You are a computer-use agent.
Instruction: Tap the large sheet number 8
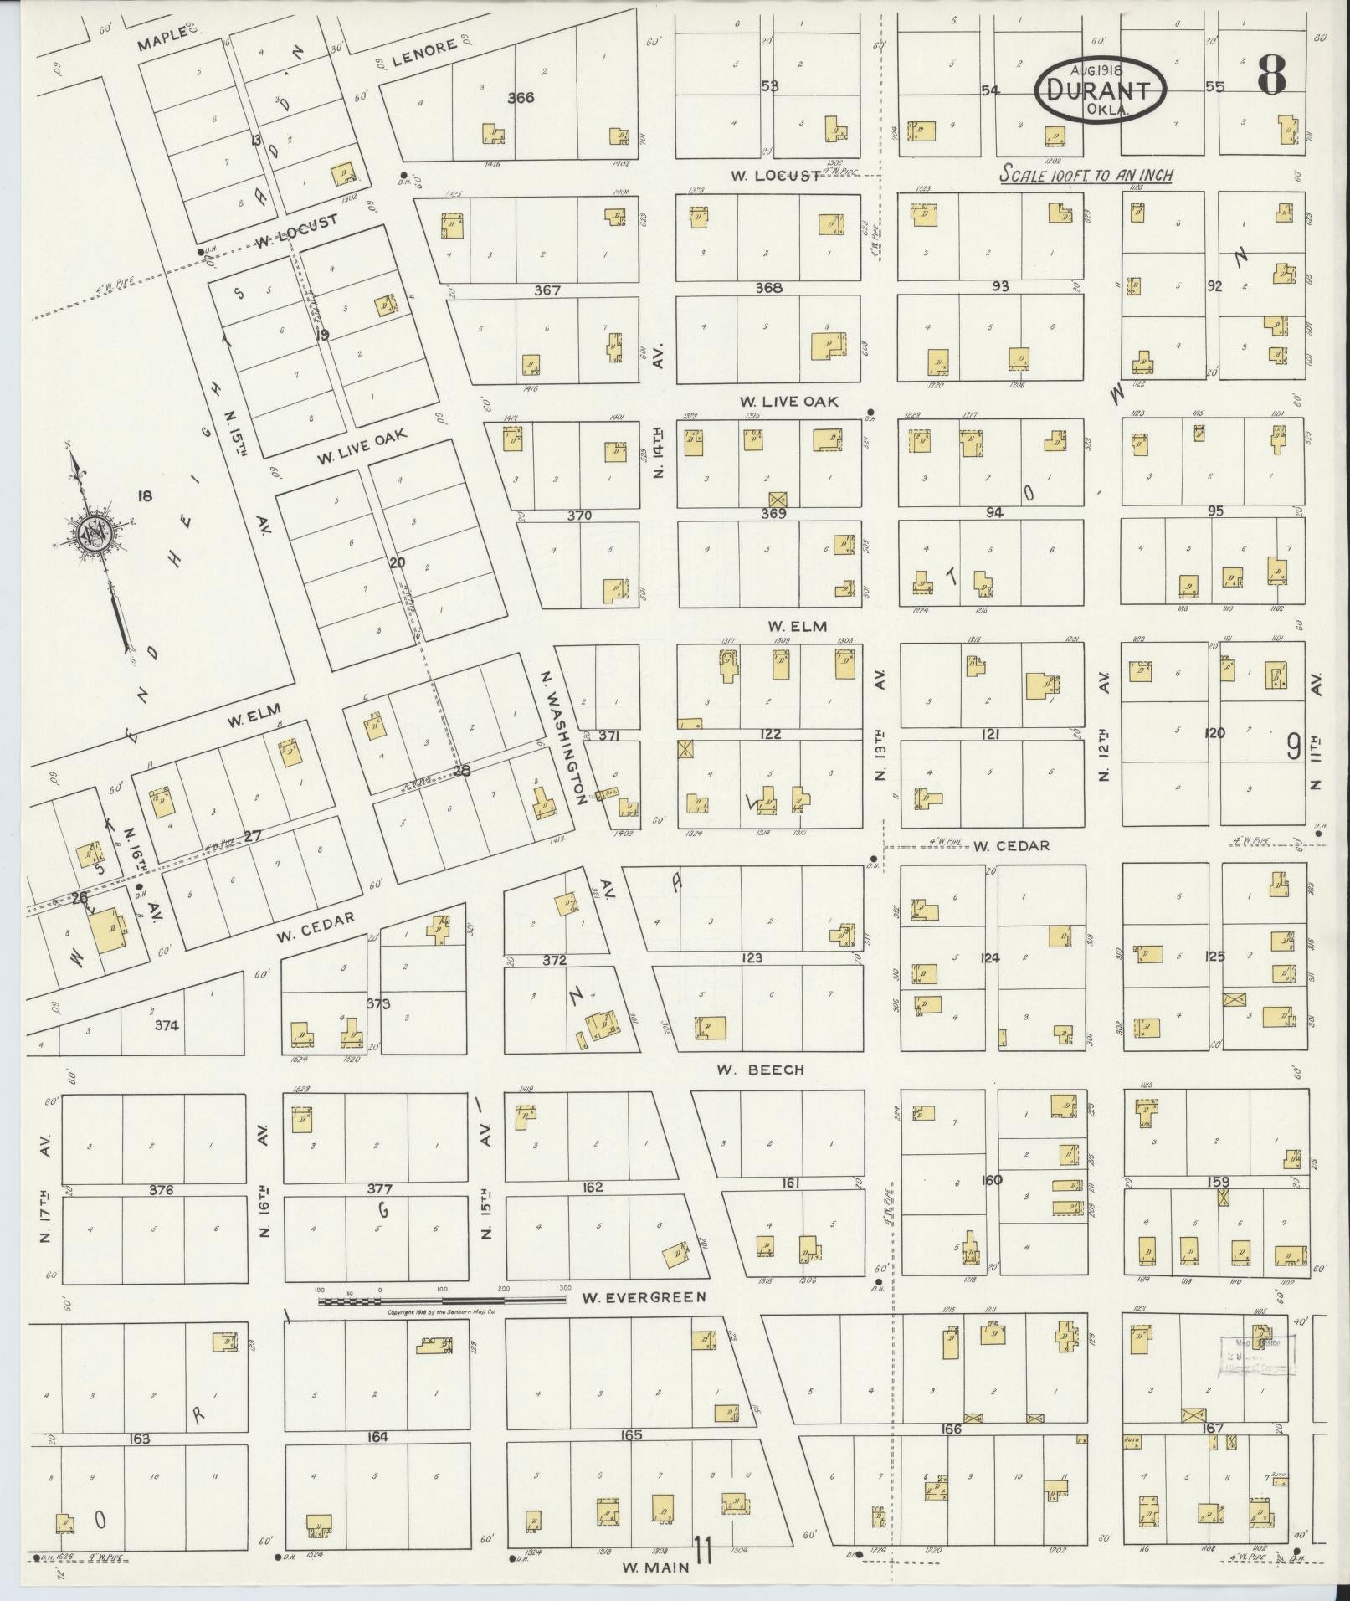click(1270, 76)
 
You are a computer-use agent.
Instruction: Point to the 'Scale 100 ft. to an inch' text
click(1087, 176)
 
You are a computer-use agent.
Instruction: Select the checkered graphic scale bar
click(444, 1301)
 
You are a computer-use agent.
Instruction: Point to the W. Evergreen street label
click(644, 1297)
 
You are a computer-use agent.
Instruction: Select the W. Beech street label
click(760, 1069)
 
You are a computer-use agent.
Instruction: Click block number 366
click(520, 98)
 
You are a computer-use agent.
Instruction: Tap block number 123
click(752, 957)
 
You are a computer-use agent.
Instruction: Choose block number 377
click(379, 1188)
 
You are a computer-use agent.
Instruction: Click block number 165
click(630, 1434)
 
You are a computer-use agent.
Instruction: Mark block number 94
click(993, 512)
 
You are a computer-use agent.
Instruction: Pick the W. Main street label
click(655, 1568)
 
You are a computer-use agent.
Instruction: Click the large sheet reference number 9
click(1293, 744)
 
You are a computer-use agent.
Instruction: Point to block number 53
click(769, 86)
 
